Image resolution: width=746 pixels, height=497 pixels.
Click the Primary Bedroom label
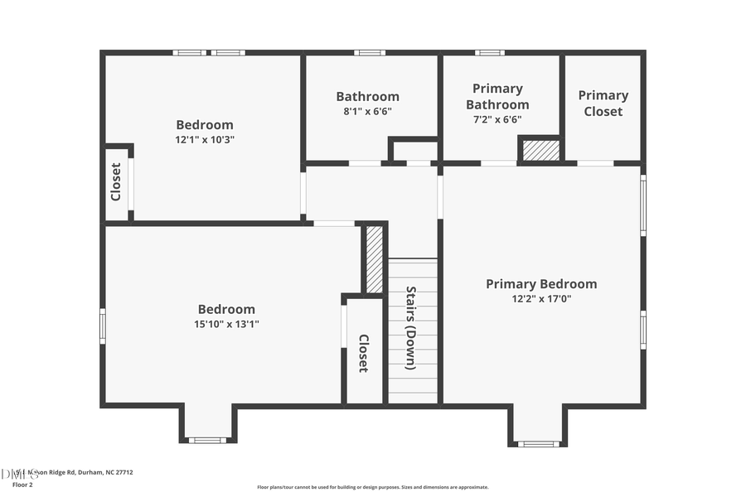[x=540, y=284]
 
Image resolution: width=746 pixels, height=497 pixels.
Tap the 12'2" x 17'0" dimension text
[x=540, y=299]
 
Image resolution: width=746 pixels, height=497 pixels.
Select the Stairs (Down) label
[x=411, y=322]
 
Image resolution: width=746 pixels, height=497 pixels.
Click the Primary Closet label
[x=603, y=104]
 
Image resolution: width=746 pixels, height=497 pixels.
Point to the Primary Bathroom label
[x=497, y=97]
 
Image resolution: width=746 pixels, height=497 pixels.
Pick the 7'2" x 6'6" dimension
[x=497, y=119]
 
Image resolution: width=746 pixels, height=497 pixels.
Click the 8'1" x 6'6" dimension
[x=367, y=111]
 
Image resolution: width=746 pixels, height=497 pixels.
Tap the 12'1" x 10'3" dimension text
[x=205, y=140]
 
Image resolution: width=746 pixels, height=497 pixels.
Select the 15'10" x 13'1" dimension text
[x=226, y=324]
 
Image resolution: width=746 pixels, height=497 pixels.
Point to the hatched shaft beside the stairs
[x=375, y=259]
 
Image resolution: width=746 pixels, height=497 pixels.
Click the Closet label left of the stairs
[x=363, y=353]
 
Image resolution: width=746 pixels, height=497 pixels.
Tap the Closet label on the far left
[x=116, y=181]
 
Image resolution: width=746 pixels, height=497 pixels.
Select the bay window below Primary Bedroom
[x=539, y=444]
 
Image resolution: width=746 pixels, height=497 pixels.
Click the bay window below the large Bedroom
[x=207, y=440]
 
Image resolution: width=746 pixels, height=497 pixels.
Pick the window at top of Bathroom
[x=370, y=53]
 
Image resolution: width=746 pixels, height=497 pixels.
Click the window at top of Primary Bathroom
[x=489, y=53]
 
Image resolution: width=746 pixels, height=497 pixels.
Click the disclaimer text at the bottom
[x=372, y=487]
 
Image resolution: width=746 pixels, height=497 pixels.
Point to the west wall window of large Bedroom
[x=103, y=326]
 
